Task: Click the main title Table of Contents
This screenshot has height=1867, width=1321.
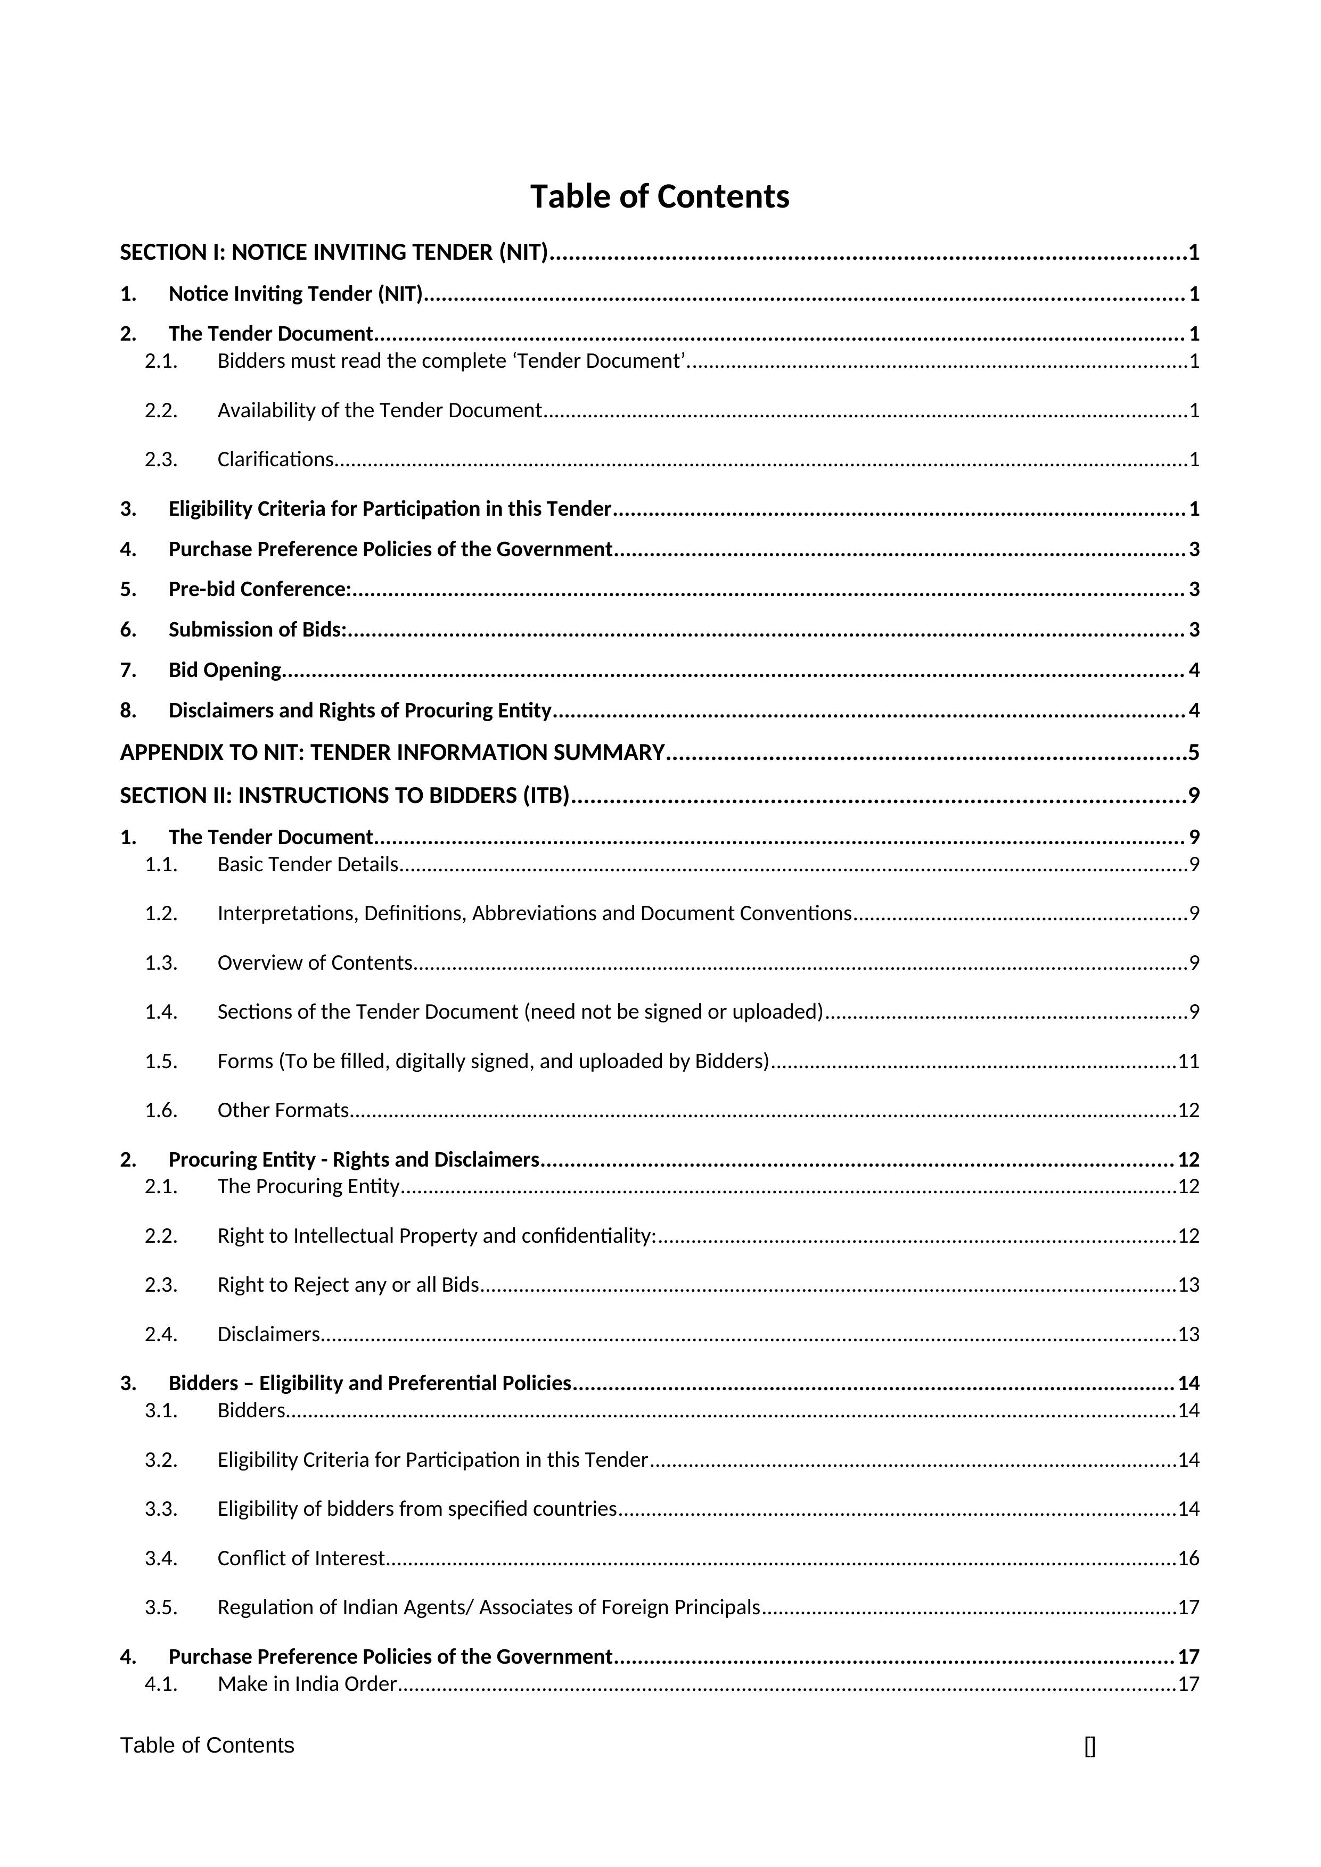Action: (x=660, y=197)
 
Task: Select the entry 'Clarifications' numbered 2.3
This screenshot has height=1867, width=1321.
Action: (x=275, y=459)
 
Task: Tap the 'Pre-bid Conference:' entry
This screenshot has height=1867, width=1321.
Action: (x=259, y=589)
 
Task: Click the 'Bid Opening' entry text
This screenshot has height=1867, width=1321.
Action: (x=225, y=670)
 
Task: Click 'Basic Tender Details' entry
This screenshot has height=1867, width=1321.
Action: (x=307, y=864)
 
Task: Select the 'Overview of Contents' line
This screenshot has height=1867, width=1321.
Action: (x=315, y=963)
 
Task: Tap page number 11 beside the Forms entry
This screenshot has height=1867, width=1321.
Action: (x=1188, y=1061)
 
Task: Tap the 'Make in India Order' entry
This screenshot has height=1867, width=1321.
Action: (x=307, y=1683)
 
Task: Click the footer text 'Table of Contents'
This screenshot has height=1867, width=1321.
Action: (x=208, y=1746)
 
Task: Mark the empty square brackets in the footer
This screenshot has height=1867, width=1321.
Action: (x=1090, y=1747)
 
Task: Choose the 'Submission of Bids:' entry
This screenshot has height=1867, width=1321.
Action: (x=257, y=630)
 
